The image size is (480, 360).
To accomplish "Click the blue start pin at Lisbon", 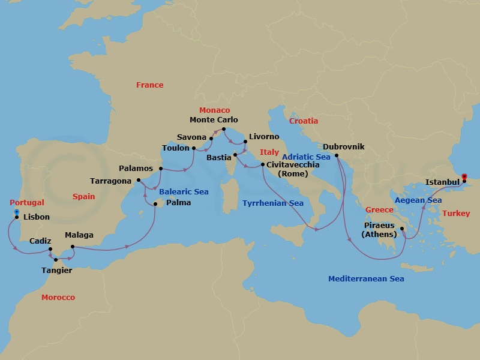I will pos(16,213).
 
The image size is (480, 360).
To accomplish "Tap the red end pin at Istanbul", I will pos(464,177).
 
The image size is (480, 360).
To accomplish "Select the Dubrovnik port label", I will pos(343,146).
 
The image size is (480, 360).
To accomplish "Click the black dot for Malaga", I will pos(72,247).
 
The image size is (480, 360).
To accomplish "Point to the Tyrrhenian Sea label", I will pos(272,203).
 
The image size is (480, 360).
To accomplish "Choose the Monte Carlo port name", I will pos(214,120).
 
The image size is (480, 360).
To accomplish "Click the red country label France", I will pos(149,85).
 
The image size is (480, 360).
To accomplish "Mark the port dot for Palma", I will pos(155,205).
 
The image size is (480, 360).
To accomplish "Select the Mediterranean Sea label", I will pos(366,279).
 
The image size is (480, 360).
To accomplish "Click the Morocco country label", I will pos(58,298).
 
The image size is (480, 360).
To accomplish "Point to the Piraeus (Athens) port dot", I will pos(403,228).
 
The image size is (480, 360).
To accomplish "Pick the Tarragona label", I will pos(110,180).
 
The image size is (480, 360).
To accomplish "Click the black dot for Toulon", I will pos(194,148).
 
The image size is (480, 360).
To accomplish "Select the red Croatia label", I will pos(304,121).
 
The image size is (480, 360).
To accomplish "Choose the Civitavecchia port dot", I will pos(263,164).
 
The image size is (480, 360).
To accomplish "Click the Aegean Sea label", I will pos(418,200).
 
